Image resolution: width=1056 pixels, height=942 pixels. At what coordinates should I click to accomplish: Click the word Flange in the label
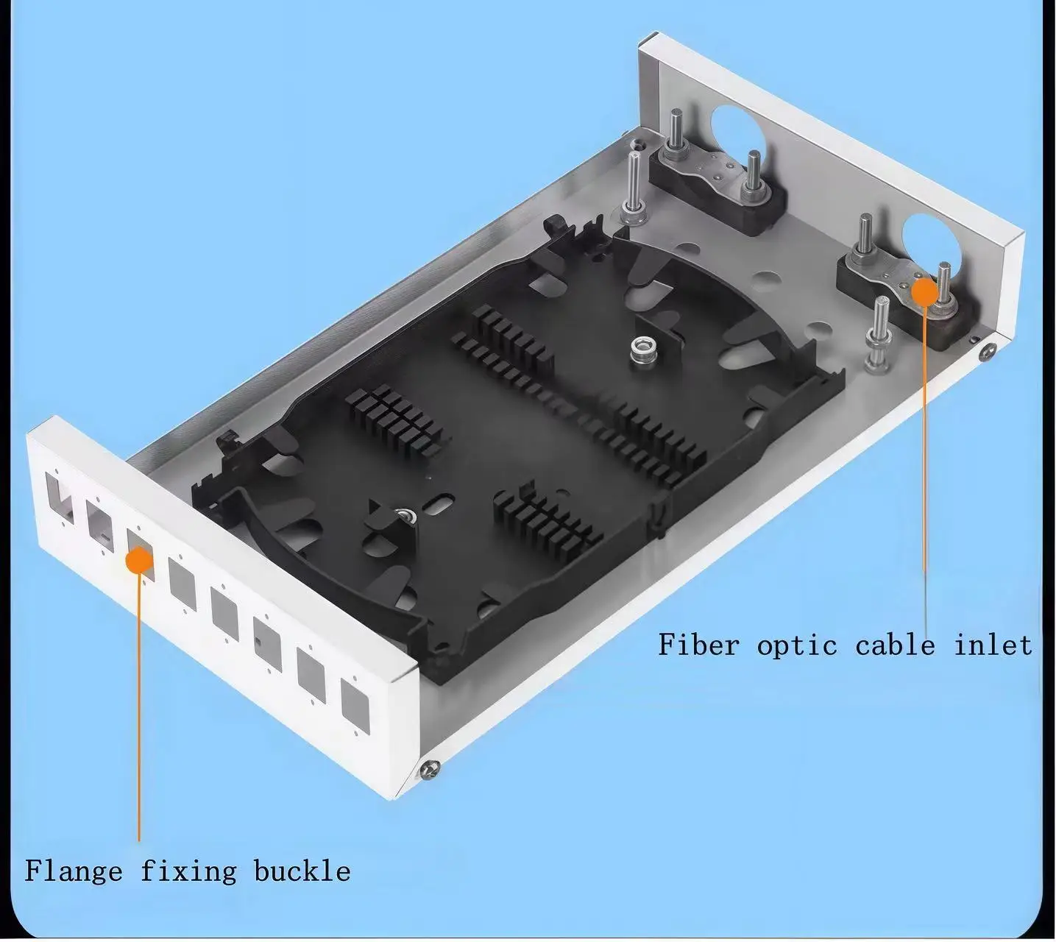74,871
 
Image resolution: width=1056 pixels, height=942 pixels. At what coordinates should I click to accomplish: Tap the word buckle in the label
302,871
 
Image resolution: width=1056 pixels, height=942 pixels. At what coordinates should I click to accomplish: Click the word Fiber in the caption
698,645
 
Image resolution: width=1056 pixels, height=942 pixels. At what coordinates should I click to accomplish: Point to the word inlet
993,645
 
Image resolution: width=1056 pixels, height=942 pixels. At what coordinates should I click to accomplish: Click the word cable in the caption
895,645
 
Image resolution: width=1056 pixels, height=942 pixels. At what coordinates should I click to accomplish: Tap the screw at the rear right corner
987,353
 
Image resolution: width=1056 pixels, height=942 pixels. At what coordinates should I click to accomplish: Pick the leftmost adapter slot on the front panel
59,495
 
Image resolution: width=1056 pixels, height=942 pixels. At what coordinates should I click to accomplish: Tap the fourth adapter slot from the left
182,584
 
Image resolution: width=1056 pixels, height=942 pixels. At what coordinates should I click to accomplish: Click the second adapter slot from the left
100,525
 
